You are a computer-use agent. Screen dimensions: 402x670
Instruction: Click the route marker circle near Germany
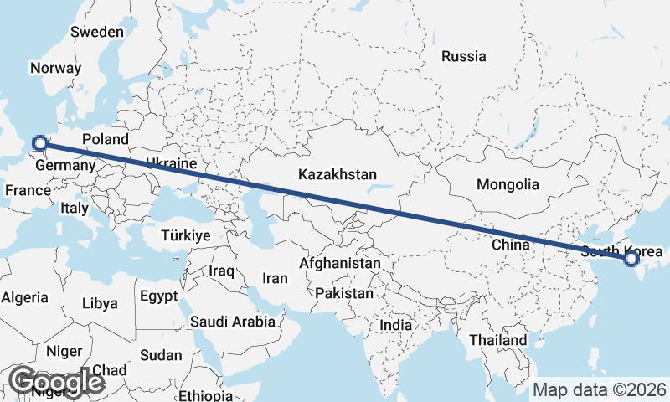[x=38, y=143]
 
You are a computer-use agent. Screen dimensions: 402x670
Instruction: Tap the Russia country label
[x=463, y=57]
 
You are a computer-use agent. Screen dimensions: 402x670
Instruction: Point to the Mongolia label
[x=507, y=184]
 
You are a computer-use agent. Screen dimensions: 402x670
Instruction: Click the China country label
[x=511, y=245]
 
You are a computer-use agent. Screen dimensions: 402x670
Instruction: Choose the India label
[x=395, y=325]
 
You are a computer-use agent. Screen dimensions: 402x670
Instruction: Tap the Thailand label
[x=497, y=340]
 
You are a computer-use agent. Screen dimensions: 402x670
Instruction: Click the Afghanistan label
[x=339, y=263]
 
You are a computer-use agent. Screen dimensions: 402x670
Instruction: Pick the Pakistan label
[x=344, y=294]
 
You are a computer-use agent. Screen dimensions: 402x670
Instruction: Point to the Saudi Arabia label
[x=233, y=322]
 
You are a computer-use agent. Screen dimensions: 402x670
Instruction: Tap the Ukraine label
[x=171, y=163]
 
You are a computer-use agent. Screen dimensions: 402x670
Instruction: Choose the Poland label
[x=106, y=139]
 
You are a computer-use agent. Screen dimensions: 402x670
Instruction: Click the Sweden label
[x=97, y=32]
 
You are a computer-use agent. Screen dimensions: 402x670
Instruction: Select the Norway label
[x=55, y=69]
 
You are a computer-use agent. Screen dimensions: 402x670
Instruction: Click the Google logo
[x=56, y=382]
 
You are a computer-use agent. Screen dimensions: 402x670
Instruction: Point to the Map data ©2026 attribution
[x=600, y=390]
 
